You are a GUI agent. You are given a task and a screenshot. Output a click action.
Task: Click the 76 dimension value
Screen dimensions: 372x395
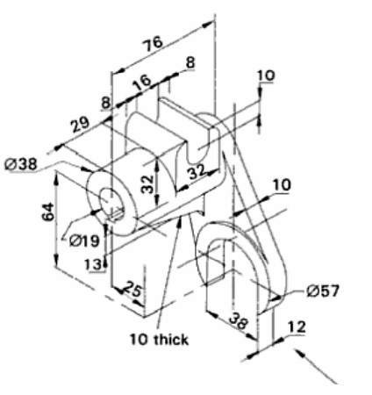153,44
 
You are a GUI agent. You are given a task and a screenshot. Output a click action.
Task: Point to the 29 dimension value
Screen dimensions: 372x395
80,125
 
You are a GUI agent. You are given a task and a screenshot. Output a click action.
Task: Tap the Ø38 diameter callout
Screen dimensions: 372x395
21,163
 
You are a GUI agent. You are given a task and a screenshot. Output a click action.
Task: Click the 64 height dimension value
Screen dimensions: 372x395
48,212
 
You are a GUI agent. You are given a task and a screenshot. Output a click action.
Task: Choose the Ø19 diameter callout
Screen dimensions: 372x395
84,241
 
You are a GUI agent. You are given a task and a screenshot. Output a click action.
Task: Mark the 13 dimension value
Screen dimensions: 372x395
94,264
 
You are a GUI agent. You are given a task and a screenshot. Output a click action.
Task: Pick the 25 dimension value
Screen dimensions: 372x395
133,290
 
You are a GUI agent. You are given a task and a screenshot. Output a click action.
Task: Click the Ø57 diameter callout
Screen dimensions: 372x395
323,291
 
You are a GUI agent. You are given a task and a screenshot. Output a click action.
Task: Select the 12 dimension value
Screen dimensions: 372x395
297,327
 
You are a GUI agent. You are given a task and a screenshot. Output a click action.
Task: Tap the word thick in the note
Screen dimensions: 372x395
171,340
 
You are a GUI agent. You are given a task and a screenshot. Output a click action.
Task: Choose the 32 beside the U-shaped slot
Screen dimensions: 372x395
197,172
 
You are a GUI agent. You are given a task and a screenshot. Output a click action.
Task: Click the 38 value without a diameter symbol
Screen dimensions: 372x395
239,320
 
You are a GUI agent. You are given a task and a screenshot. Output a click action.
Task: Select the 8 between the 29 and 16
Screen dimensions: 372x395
105,103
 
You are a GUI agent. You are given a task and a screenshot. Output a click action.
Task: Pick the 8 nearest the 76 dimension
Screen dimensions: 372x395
190,62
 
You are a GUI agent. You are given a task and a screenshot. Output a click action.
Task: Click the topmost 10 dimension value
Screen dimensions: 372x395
266,75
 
